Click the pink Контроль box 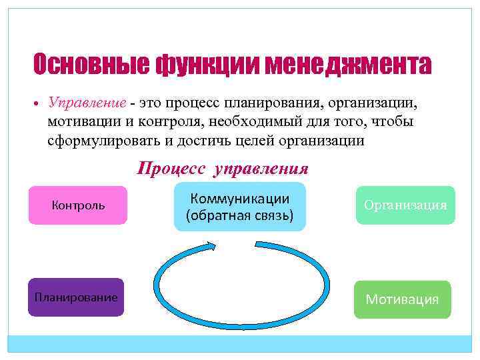pos(78,205)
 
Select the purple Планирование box pos(76,297)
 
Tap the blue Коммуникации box pos(239,207)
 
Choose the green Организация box pos(405,205)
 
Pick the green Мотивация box pos(402,299)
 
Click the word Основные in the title pos(91,65)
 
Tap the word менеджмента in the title pos(348,65)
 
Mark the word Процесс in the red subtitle pos(171,168)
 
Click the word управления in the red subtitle pos(261,168)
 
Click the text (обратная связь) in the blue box pos(239,216)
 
